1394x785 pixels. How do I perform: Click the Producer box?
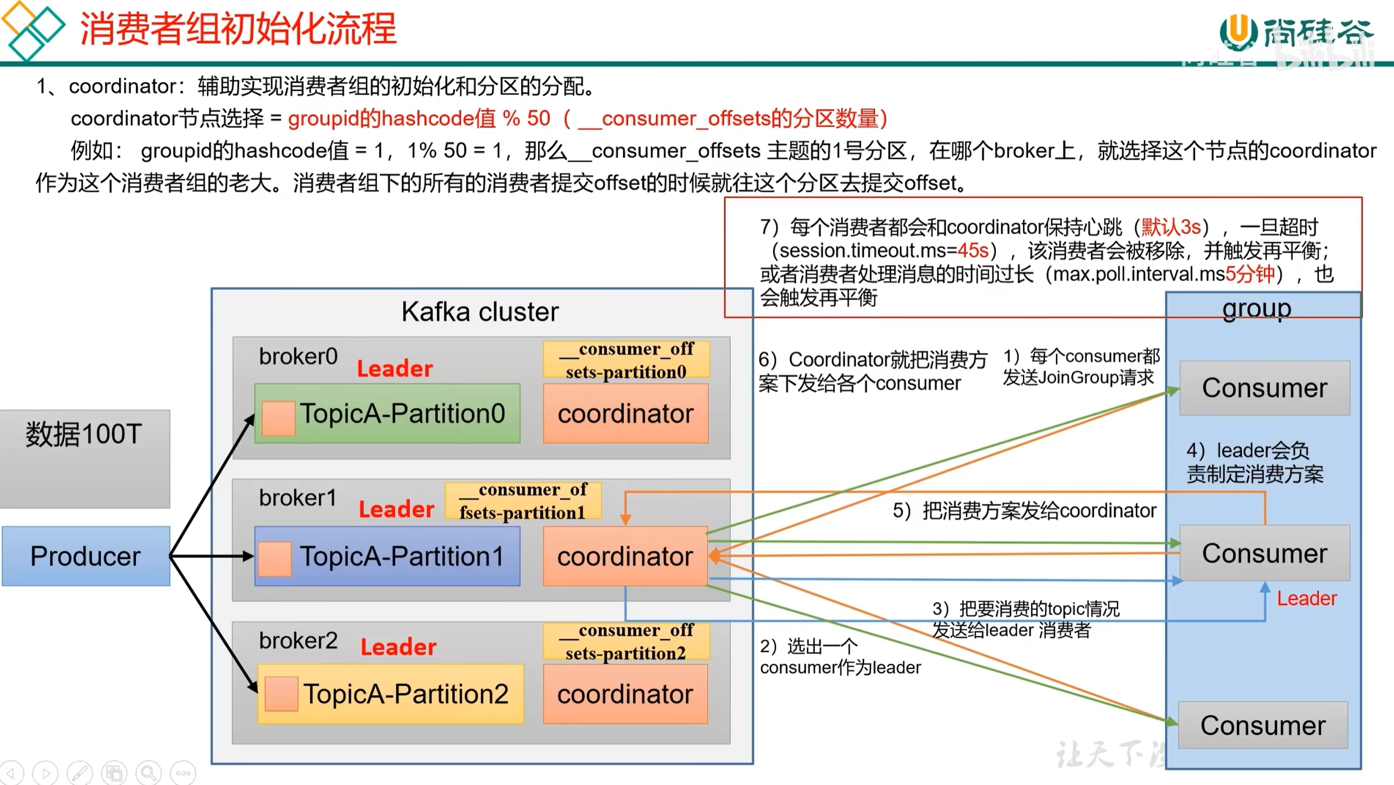86,556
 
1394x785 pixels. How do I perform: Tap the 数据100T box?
85,458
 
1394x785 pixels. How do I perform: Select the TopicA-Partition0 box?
387,413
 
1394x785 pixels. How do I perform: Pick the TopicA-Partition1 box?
387,556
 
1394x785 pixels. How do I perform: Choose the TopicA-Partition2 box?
390,694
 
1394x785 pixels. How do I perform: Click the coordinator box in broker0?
625,413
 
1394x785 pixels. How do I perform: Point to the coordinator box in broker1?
625,556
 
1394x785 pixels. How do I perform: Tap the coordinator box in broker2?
625,694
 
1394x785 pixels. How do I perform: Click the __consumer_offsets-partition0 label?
626,360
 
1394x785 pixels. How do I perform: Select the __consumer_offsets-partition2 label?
626,641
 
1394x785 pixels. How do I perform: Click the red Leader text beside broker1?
396,509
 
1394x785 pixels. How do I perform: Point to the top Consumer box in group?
1264,388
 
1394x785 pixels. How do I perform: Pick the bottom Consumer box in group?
1263,725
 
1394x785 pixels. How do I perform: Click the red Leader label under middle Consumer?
1306,598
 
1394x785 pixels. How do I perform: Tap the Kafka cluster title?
480,311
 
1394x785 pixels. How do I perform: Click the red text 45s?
972,250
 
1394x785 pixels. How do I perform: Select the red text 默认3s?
1171,227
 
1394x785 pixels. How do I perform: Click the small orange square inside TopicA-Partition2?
281,694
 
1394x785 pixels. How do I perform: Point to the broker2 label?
298,641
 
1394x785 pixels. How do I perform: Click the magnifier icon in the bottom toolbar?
148,773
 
